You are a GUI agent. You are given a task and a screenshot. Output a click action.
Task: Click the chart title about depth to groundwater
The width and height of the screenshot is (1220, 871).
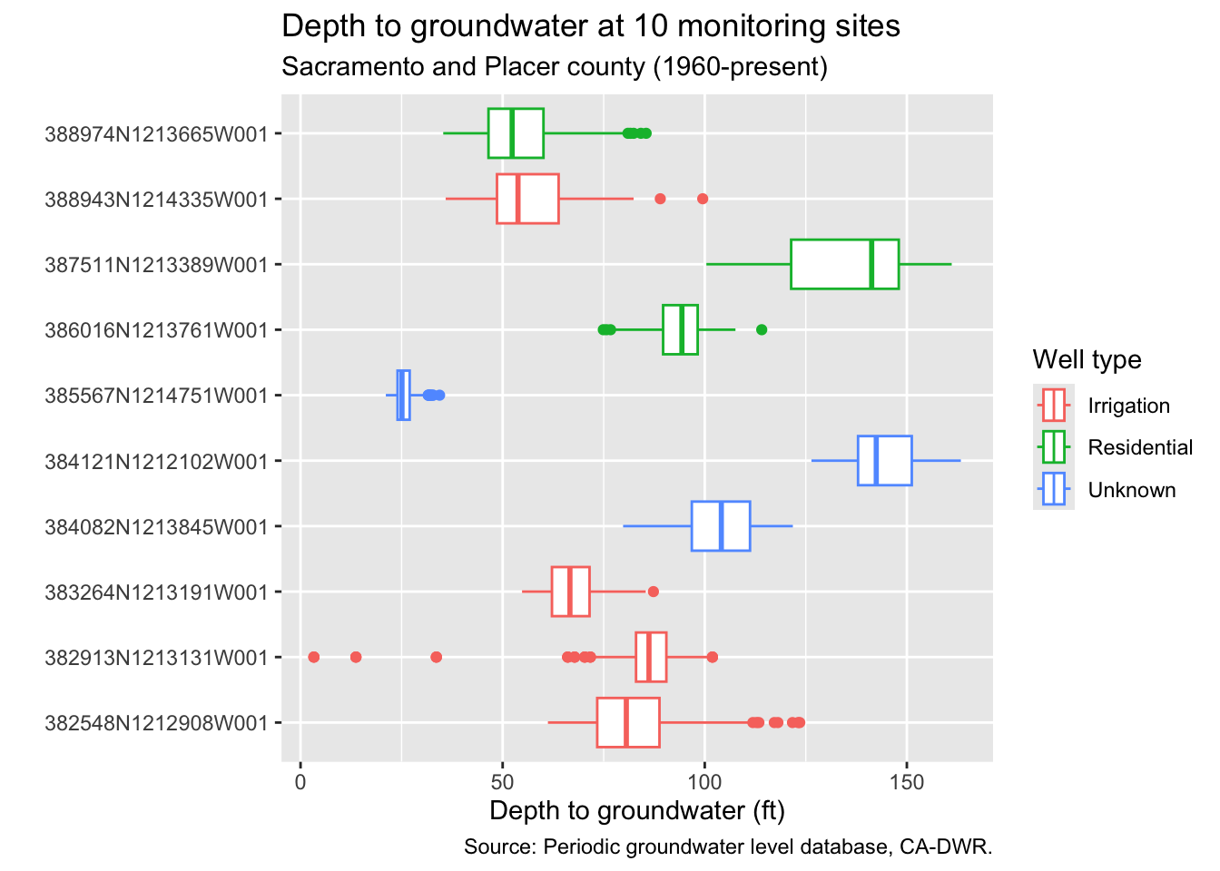591,26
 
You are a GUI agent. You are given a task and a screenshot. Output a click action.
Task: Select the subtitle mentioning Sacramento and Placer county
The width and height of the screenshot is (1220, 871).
555,68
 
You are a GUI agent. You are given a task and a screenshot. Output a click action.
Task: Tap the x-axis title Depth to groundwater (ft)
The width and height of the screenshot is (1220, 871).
636,810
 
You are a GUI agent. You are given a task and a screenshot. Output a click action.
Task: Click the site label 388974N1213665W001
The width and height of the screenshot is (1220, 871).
156,134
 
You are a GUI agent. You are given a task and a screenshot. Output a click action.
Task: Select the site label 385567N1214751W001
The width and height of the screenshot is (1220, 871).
156,396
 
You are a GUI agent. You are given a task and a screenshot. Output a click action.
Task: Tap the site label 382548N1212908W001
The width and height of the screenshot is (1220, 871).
156,723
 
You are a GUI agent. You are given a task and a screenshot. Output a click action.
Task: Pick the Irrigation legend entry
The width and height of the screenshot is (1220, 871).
1128,406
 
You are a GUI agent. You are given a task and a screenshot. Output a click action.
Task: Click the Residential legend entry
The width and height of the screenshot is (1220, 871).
1140,447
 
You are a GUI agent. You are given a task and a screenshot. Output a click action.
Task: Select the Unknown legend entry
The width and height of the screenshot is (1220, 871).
1131,490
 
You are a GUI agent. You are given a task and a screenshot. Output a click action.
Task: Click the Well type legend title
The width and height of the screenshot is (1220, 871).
1087,360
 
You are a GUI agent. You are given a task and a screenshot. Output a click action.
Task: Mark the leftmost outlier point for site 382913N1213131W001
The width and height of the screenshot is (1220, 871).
314,657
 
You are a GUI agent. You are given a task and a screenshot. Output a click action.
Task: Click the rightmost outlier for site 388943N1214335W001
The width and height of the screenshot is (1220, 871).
702,199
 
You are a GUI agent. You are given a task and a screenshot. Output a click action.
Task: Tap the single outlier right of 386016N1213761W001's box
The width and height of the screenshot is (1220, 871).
762,329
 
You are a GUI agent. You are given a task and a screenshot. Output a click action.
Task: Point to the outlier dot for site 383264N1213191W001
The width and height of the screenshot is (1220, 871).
653,592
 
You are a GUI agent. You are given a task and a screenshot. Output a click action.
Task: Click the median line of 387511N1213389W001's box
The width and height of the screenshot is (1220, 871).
871,264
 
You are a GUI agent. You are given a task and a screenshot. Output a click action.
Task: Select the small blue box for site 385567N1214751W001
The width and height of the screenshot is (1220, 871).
403,396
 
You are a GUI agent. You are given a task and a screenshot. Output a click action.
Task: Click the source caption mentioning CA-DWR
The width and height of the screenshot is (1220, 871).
728,847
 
